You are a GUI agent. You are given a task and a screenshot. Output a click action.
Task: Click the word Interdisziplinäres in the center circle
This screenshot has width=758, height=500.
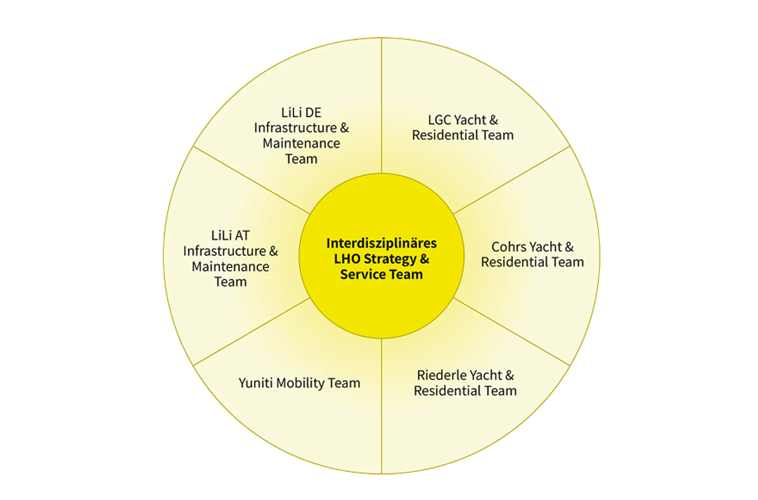point(381,243)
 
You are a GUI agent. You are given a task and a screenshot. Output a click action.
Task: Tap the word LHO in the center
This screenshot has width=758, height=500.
point(347,259)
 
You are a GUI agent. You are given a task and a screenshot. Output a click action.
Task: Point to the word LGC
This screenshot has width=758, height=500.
point(440,120)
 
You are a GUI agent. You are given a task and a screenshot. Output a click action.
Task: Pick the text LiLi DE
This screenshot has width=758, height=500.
point(301,112)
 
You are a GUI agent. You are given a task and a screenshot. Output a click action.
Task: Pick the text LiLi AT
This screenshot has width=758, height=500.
point(230,236)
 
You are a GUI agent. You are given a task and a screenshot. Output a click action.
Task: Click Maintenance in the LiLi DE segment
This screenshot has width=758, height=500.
point(301,143)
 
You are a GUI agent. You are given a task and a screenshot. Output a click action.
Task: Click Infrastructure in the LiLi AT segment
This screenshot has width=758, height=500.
point(224,251)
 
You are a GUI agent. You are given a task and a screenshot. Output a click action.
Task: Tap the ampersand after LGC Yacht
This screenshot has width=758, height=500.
point(493,120)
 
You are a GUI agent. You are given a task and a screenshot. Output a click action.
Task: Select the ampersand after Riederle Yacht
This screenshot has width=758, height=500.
point(510,375)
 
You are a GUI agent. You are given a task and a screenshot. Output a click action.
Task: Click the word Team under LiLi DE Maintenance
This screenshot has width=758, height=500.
point(301,159)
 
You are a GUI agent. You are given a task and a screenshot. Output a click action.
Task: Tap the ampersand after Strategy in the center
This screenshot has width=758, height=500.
point(425,259)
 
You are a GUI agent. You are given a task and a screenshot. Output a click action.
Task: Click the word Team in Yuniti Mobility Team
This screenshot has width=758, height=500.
point(344,383)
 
